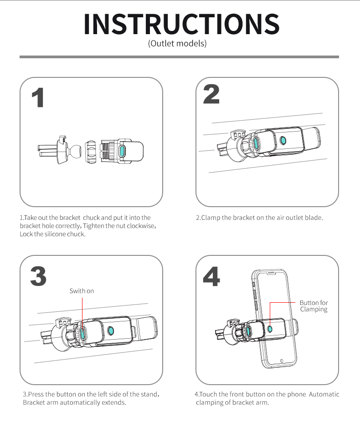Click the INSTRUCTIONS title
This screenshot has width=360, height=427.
181,24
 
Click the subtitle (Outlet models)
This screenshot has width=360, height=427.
177,44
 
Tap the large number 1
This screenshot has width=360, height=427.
38,97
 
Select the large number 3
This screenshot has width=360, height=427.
38,276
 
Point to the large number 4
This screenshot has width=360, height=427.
211,276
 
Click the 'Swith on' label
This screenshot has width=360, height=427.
82,291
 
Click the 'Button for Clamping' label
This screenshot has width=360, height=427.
314,306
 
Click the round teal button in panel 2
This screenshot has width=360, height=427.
283,141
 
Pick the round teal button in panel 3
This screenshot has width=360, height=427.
111,331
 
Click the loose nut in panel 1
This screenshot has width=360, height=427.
91,152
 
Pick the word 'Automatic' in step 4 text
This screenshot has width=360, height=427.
324,394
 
